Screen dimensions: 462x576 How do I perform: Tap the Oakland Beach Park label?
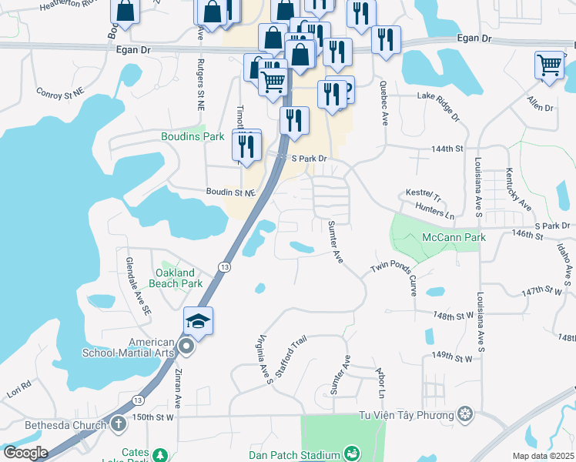tap(179, 278)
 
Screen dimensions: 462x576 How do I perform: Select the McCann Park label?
tap(454, 238)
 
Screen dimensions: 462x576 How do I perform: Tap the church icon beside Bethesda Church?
tap(118, 423)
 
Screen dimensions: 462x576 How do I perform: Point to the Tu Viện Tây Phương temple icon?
tap(465, 416)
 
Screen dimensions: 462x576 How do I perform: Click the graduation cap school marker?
tap(198, 322)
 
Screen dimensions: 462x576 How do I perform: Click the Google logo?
tap(25, 453)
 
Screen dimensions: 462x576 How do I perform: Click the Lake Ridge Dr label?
tap(438, 106)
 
